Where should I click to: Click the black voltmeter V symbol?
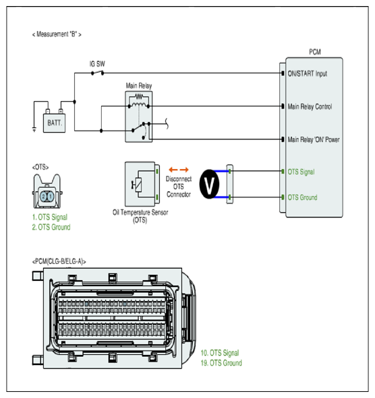coord(209,184)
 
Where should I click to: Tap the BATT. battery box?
coord(54,123)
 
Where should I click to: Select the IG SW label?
coord(97,64)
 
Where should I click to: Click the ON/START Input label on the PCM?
coord(307,73)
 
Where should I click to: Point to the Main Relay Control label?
coord(310,106)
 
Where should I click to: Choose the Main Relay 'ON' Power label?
coord(314,139)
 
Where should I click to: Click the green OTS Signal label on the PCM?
coord(301,172)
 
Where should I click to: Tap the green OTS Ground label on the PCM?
coord(302,197)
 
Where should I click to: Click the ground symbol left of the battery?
coord(34,129)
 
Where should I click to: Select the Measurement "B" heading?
coord(57,34)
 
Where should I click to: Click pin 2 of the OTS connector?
coord(43,197)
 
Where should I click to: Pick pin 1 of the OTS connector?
coord(51,197)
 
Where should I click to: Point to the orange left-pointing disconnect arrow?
coord(173,170)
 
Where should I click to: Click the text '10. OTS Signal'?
coord(220,353)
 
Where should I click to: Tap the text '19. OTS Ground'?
coord(221,363)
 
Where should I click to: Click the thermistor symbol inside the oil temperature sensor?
coord(137,185)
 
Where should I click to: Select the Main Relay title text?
coord(139,86)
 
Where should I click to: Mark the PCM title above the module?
coord(315,52)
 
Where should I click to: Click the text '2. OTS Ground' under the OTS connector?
coord(51,227)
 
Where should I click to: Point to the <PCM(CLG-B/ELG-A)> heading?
coord(59,261)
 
